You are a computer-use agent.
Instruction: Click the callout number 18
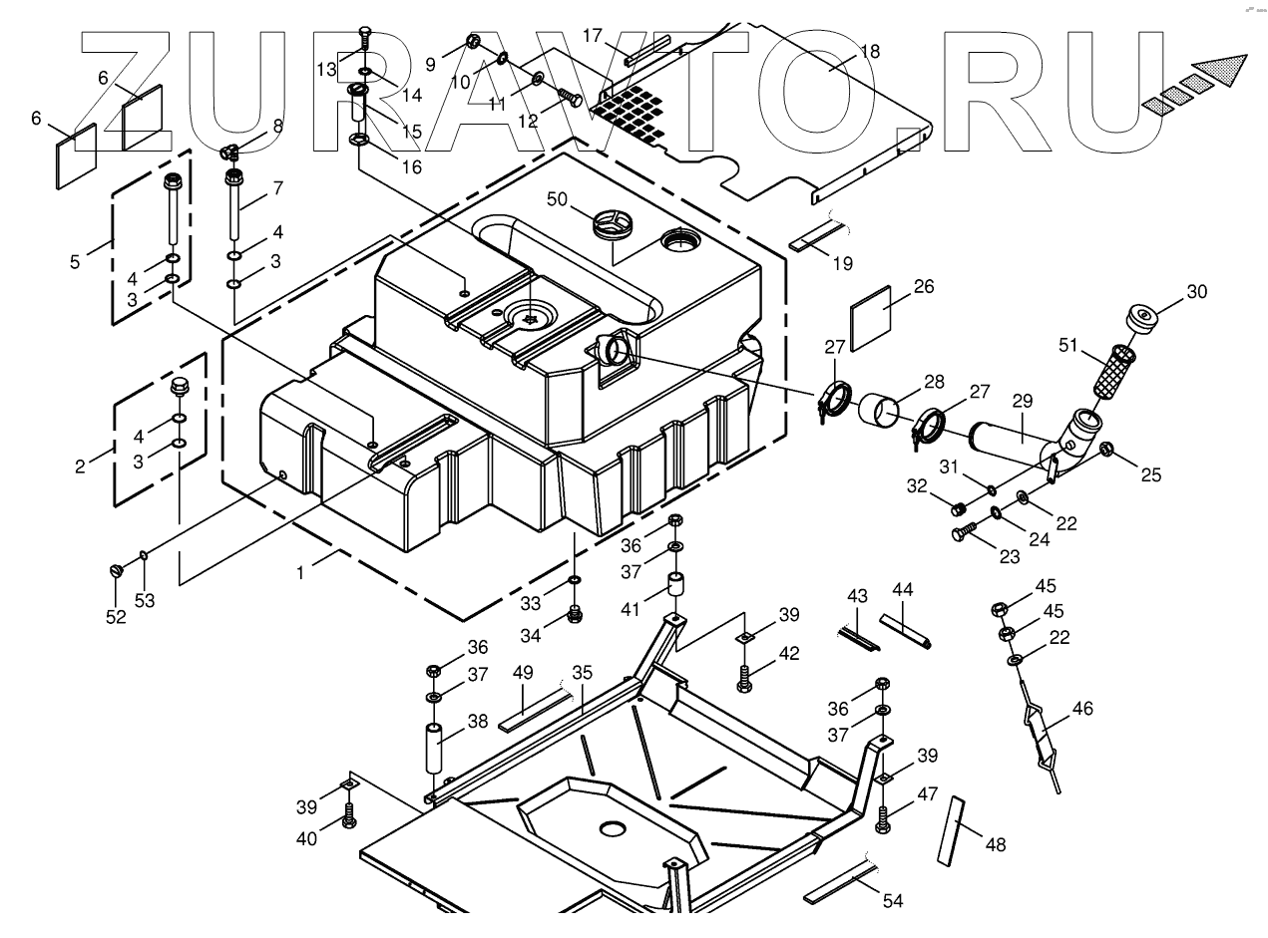[x=870, y=51]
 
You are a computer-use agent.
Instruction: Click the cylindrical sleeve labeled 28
[x=881, y=411]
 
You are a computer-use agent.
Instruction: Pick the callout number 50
[x=555, y=200]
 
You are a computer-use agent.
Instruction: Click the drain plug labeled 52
[x=115, y=570]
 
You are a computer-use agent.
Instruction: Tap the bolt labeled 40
[x=349, y=816]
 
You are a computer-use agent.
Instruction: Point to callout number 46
[x=1082, y=709]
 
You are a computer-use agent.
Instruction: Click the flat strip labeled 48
[x=952, y=830]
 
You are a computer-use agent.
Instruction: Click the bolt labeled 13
[x=364, y=37]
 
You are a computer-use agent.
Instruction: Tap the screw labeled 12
[x=571, y=98]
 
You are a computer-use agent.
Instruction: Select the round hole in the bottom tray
[x=611, y=828]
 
